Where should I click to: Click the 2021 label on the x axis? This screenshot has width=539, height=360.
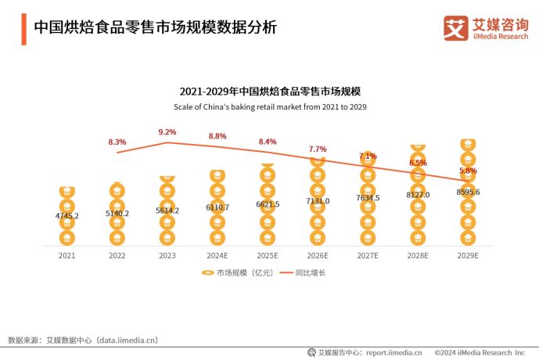66,255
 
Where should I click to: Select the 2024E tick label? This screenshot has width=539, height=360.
217,255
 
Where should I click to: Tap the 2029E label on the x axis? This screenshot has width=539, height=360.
467,255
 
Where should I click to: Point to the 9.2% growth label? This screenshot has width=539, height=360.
167,131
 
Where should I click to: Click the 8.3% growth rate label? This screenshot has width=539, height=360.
117,142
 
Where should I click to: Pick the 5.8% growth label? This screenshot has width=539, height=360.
468,170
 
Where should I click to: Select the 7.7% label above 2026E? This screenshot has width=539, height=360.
318,149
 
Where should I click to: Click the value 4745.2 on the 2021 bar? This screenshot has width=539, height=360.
66,215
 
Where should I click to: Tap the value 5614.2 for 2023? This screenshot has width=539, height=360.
167,211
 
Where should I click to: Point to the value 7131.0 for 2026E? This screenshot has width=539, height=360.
317,200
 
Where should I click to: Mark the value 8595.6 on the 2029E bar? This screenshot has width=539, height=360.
467,192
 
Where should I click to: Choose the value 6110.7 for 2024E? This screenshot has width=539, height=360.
217,207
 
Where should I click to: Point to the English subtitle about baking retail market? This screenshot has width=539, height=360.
270,106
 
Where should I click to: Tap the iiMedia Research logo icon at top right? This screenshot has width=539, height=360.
456,28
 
